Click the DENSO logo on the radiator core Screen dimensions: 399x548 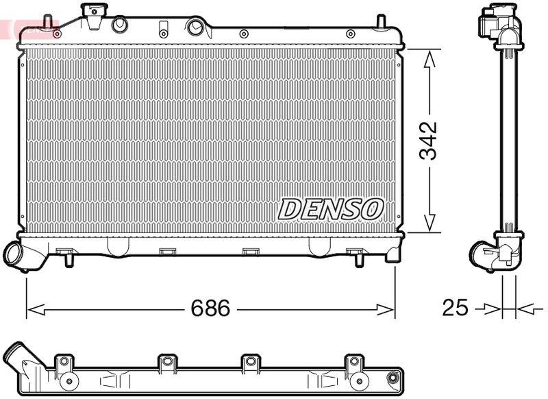pyautogui.click(x=330, y=208)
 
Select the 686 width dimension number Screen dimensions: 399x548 pyautogui.click(x=209, y=309)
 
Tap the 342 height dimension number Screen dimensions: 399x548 pyautogui.click(x=429, y=141)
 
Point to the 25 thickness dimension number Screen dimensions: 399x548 pyautogui.click(x=455, y=309)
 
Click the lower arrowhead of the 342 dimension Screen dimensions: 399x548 pyautogui.click(x=429, y=223)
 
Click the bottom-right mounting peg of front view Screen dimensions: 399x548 pyautogui.click(x=359, y=260)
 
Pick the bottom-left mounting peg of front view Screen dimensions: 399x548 pyautogui.click(x=69, y=259)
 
